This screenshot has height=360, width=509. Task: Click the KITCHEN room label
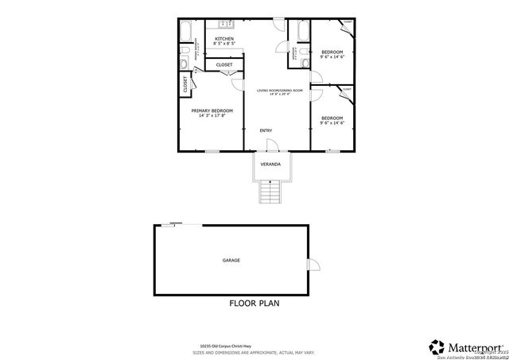[224, 38]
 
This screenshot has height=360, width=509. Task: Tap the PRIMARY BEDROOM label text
[212, 110]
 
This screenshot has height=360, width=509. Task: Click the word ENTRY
[266, 130]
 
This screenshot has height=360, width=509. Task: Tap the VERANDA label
[270, 164]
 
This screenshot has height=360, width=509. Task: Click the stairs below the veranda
[271, 193]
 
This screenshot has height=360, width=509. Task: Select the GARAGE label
[231, 260]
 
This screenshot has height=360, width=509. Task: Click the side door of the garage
[314, 265]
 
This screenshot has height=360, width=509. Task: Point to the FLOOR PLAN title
[254, 303]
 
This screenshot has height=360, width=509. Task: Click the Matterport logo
[465, 346]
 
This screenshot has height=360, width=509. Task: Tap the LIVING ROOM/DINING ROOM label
[279, 91]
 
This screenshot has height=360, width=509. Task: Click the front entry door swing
[271, 145]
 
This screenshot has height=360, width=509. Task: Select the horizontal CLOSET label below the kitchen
[224, 64]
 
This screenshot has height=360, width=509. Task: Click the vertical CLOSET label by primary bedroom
[185, 85]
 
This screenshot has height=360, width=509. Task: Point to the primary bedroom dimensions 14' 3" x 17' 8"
[212, 116]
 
